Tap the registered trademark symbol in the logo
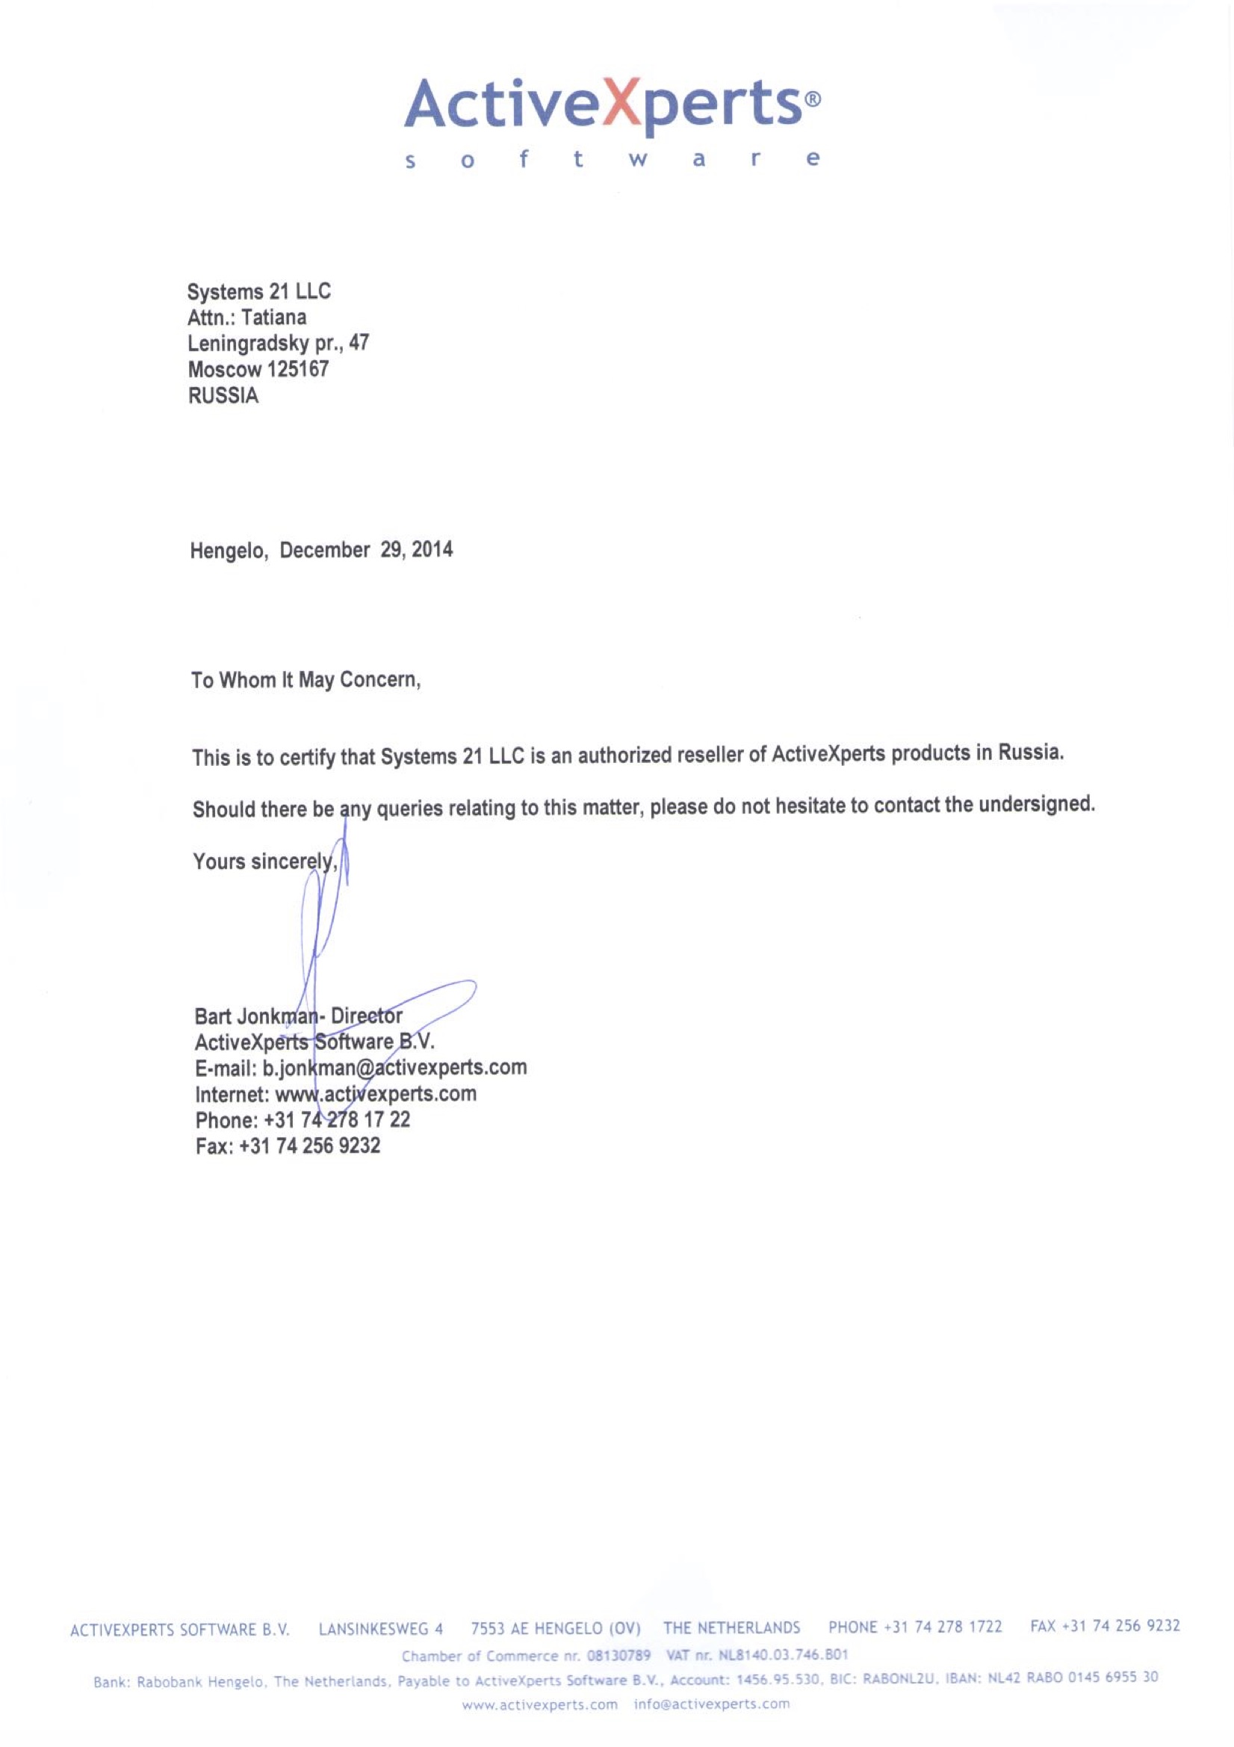pyautogui.click(x=813, y=99)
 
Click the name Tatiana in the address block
pyautogui.click(x=274, y=318)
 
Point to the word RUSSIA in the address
pyautogui.click(x=223, y=396)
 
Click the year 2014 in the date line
pyautogui.click(x=432, y=549)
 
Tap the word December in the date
pyautogui.click(x=325, y=550)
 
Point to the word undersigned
pyautogui.click(x=1036, y=804)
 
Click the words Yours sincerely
pyautogui.click(x=264, y=862)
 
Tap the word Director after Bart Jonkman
pyautogui.click(x=367, y=1016)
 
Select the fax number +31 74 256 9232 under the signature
pyautogui.click(x=310, y=1146)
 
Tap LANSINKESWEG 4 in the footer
pyautogui.click(x=380, y=1629)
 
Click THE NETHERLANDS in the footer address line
pyautogui.click(x=731, y=1627)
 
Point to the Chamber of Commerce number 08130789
pyautogui.click(x=618, y=1656)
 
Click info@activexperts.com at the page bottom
pyautogui.click(x=711, y=1704)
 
